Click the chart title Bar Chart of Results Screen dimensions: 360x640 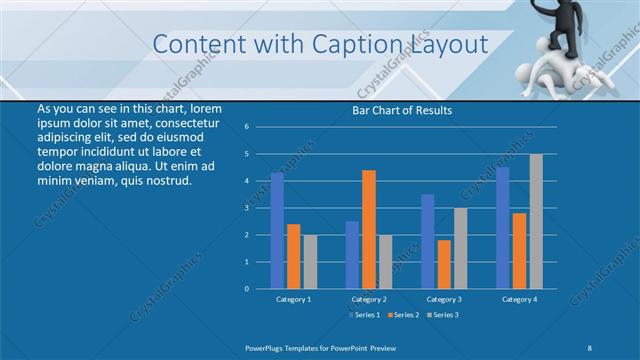[402, 110]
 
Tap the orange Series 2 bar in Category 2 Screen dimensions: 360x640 [369, 229]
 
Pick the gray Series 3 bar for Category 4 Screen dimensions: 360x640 [536, 221]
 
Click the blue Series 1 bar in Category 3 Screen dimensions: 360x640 [428, 241]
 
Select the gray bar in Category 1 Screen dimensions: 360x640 [310, 261]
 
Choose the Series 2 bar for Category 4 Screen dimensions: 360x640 [520, 250]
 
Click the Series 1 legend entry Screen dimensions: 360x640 [364, 315]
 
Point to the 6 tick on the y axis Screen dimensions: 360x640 [247, 127]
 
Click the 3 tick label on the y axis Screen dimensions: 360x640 [247, 208]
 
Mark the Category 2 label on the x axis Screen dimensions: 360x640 [369, 299]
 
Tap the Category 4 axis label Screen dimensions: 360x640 [519, 299]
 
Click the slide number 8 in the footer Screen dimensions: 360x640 [589, 346]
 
